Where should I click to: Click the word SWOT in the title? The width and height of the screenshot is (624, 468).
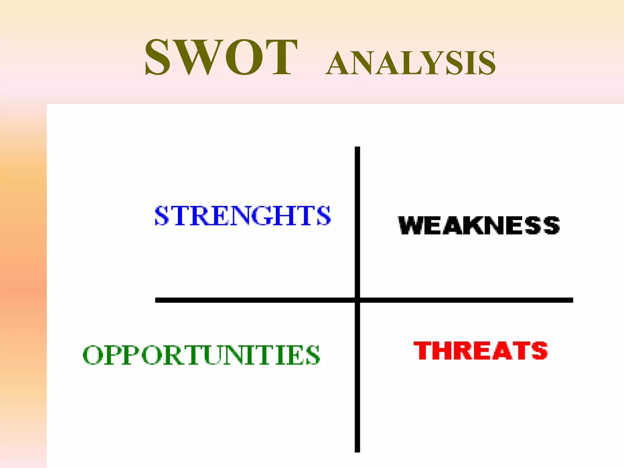(x=221, y=57)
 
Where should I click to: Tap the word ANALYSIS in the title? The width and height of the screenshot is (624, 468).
(x=410, y=63)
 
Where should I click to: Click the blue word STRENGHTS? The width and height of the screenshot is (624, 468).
(x=243, y=216)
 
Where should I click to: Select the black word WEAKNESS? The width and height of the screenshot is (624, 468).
(x=479, y=225)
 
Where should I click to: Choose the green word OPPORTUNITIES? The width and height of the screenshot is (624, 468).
(x=201, y=355)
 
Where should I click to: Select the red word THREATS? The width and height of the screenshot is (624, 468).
(x=480, y=350)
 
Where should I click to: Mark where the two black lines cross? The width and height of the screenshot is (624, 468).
(x=357, y=300)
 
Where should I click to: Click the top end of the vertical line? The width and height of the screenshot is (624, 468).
(x=357, y=148)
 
